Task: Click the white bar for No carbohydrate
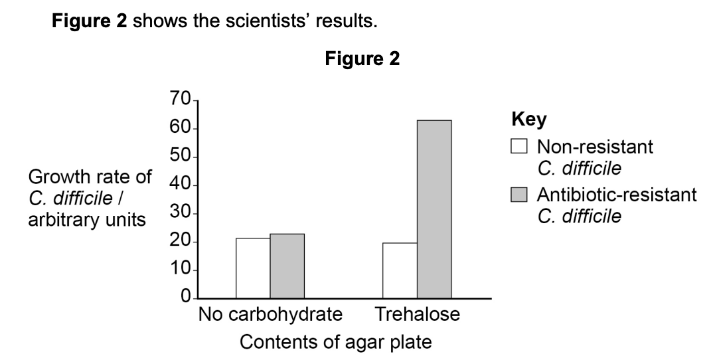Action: [x=253, y=268]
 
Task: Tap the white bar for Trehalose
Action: [x=400, y=271]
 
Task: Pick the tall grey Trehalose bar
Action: [x=434, y=209]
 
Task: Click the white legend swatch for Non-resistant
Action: [x=519, y=147]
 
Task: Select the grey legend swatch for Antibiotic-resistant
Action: [x=519, y=195]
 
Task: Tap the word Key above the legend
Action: [x=528, y=120]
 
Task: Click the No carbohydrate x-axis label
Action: [x=270, y=314]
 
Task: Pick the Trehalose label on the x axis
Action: [x=417, y=314]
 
